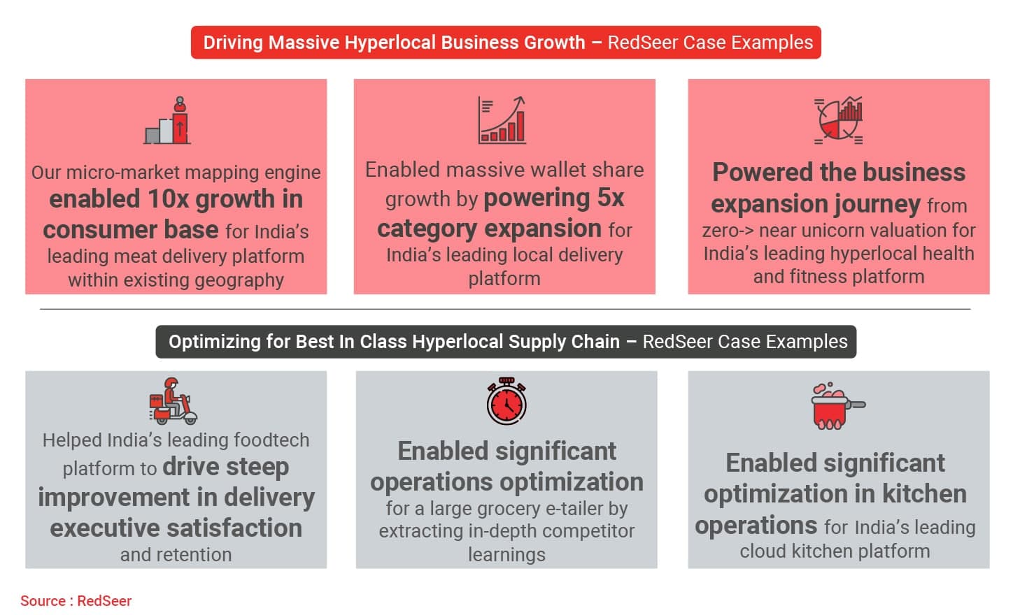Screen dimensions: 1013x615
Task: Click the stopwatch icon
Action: click(506, 401)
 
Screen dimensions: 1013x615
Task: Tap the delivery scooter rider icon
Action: click(173, 401)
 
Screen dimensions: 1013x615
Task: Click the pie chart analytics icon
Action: click(838, 120)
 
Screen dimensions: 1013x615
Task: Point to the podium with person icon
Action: click(167, 120)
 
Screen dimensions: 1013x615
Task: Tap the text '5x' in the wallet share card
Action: click(611, 198)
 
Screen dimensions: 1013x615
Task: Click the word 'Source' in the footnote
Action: click(43, 601)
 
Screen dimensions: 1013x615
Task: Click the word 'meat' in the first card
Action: click(135, 256)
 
